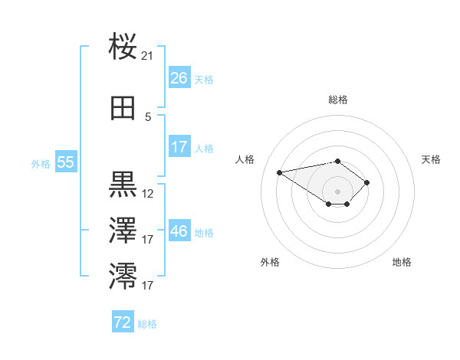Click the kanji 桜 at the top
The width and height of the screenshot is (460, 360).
123,47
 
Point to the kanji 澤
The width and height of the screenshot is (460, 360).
123,229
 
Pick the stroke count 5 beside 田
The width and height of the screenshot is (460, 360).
148,117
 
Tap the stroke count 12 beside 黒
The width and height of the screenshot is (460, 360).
148,194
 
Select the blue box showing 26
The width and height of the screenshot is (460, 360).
179,78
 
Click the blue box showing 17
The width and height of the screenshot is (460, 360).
179,147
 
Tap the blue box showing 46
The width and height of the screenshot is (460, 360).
179,231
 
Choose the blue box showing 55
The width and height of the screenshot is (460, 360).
65,162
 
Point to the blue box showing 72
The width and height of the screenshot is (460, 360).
123,322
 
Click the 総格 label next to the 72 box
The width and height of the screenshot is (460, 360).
147,324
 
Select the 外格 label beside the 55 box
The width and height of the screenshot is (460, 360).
41,163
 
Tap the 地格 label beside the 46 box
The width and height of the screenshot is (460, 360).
204,233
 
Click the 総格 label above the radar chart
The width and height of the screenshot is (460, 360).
337,100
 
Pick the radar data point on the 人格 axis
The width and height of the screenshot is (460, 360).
280,172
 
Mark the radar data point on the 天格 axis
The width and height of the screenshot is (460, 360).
367,182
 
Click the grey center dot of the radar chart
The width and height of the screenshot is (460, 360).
337,191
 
